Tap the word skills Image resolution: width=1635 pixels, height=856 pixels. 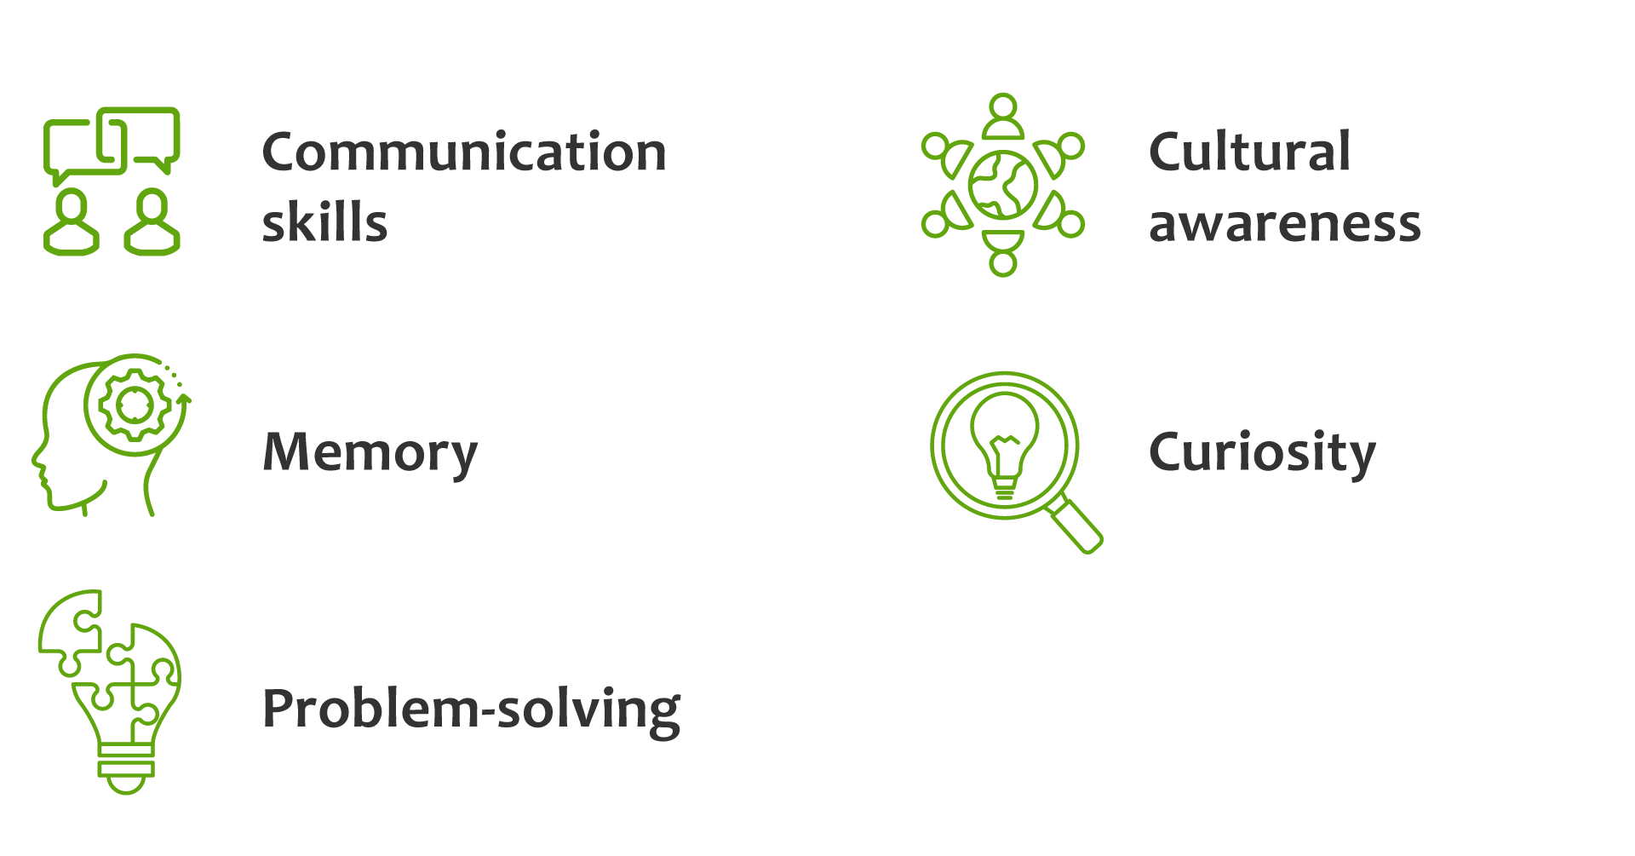[x=324, y=223]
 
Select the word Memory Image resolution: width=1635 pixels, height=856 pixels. [x=370, y=452]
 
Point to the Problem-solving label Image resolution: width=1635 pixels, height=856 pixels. [x=471, y=709]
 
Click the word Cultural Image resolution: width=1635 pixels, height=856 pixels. [x=1249, y=152]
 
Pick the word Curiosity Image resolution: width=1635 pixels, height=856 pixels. [x=1262, y=452]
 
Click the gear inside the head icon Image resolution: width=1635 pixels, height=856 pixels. [x=134, y=405]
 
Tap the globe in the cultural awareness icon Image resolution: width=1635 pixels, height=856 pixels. [x=1003, y=185]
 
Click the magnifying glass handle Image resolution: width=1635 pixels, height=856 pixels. [x=1076, y=526]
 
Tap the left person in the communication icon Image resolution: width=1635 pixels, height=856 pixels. [x=71, y=223]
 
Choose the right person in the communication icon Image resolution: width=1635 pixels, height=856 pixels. [x=152, y=223]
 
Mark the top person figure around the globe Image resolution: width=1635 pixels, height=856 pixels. [x=1003, y=118]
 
